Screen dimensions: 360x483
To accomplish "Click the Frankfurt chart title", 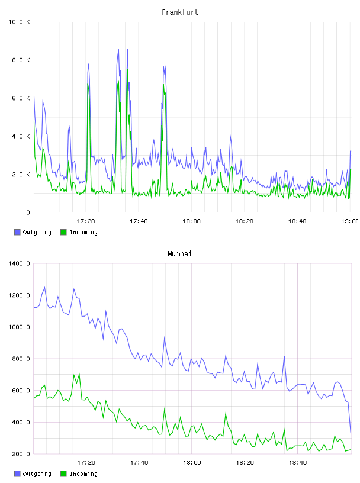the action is coord(180,12).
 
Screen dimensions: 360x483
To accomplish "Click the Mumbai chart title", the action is coord(179,254).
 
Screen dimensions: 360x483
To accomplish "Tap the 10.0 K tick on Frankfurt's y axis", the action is coord(19,22).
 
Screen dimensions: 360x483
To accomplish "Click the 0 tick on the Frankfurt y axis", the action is coord(28,212).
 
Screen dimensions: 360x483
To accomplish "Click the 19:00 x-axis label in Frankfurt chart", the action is coord(349,221).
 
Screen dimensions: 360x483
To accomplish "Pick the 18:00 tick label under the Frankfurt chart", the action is coord(191,221).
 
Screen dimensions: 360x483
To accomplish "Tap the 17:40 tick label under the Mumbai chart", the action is coord(139,463).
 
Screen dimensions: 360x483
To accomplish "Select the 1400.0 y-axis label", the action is coord(19,263).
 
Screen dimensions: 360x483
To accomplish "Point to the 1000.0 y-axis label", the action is coord(19,327).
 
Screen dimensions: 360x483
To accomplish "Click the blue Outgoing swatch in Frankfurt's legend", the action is coord(17,232).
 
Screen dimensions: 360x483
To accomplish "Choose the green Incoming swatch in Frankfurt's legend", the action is coord(63,232).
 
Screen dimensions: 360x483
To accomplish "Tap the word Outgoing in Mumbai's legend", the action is coord(37,474).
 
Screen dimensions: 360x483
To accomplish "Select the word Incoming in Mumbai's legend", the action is coord(83,474).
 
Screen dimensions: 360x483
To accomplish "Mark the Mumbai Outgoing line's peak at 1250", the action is coord(44,288).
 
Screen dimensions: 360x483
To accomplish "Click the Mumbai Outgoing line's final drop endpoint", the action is coord(351,433).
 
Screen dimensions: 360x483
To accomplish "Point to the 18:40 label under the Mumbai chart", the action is coord(298,463).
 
